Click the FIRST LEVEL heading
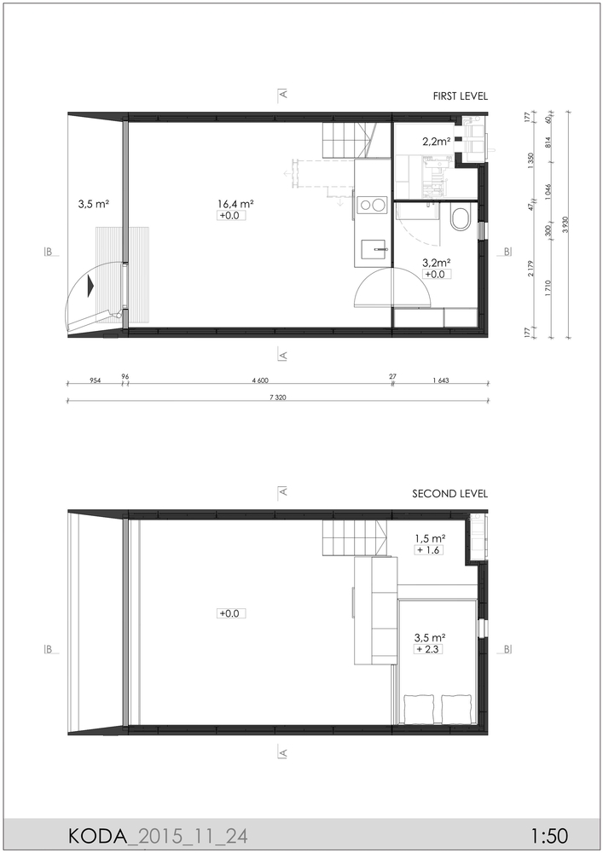point(460,96)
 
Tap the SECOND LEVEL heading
point(449,494)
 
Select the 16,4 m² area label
point(236,204)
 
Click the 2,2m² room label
point(436,142)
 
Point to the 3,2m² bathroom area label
point(436,263)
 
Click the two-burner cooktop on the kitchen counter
point(370,206)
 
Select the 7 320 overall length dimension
point(277,397)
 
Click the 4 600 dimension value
point(260,380)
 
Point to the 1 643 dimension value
point(441,380)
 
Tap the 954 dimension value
point(96,380)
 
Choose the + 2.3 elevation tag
point(427,649)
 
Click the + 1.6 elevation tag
point(429,550)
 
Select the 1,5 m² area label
point(430,538)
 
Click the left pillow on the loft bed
point(420,709)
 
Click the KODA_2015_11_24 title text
point(158,836)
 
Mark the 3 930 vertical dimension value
point(565,224)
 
